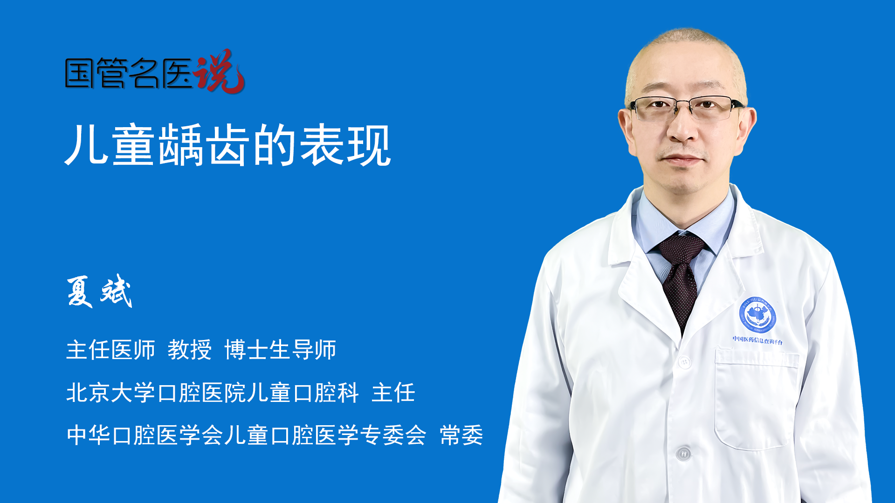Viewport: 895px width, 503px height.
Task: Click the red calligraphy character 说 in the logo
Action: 219,71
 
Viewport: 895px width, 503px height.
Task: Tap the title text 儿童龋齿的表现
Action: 228,145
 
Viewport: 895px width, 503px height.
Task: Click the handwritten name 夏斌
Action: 99,291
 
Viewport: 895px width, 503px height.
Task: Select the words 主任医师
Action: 110,350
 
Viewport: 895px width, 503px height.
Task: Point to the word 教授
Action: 190,350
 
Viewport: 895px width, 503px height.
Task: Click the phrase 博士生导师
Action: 280,350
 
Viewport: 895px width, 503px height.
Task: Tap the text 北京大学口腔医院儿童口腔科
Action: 213,392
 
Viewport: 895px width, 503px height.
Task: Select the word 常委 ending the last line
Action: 461,435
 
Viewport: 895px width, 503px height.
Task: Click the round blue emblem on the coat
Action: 757,315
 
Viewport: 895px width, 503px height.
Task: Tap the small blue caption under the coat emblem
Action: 757,340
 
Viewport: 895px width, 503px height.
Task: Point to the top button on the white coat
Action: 684,361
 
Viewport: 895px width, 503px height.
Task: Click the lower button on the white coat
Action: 683,453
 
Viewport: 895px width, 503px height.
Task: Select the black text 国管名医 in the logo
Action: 128,73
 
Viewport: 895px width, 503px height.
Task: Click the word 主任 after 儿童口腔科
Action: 393,392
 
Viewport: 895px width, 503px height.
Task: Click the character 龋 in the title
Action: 181,145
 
